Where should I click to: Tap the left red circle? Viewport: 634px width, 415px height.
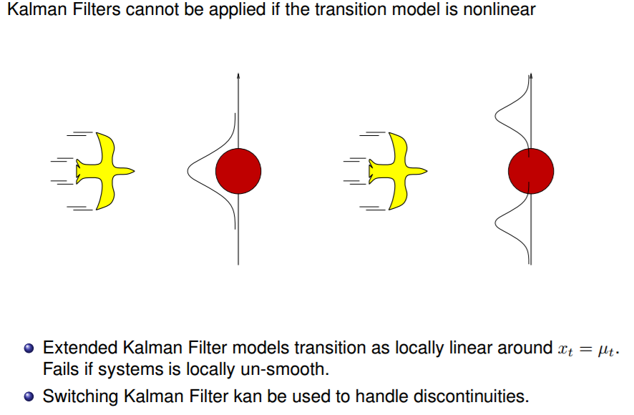click(x=238, y=171)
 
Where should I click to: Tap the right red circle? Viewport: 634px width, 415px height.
click(x=531, y=171)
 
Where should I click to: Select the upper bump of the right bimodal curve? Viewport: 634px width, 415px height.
click(x=498, y=114)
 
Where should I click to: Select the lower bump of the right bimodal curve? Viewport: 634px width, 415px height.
click(x=498, y=225)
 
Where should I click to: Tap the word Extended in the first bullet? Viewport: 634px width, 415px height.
click(x=74, y=348)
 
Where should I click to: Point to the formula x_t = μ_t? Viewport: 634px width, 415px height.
click(x=586, y=350)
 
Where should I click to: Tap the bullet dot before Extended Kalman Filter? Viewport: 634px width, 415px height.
click(x=29, y=349)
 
